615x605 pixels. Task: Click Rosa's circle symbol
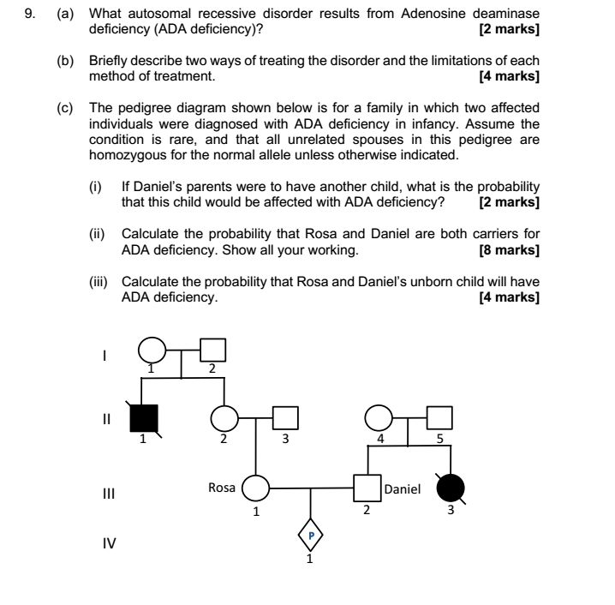(x=255, y=488)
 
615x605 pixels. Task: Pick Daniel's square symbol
(x=368, y=488)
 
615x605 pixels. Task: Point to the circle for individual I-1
(x=152, y=350)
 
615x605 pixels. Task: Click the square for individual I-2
(x=212, y=350)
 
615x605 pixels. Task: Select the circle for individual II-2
(x=224, y=418)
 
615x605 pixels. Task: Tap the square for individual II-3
(x=286, y=418)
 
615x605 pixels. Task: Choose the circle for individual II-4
(x=378, y=418)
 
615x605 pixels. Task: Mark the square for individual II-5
(x=439, y=418)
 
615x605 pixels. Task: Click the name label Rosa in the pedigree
(x=222, y=487)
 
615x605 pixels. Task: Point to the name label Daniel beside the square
(x=403, y=490)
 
